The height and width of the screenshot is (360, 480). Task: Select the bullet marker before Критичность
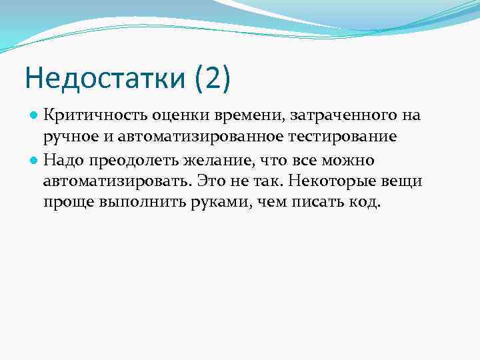coord(33,115)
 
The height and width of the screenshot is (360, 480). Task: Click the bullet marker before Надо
coord(33,159)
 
